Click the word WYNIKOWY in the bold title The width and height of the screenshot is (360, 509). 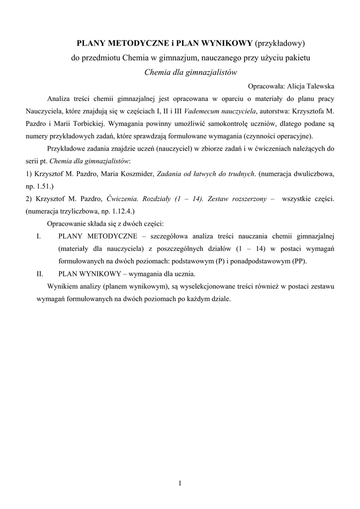[229, 44]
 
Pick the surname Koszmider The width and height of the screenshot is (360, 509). [136, 174]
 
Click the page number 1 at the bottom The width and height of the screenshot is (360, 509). [180, 483]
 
